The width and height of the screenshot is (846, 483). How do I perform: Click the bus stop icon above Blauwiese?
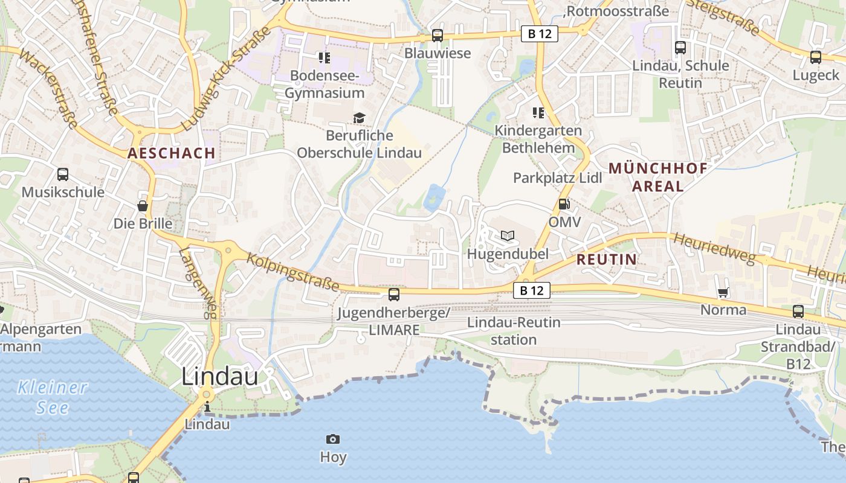(437, 36)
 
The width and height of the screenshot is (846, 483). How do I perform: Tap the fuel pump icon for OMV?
(563, 204)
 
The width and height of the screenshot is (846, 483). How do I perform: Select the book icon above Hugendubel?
(508, 235)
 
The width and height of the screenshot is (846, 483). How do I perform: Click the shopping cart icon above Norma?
(723, 293)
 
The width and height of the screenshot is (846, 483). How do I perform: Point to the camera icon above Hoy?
(332, 439)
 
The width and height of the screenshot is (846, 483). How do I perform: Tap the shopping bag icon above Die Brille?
(143, 206)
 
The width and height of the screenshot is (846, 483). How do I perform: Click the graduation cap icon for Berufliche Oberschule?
(360, 118)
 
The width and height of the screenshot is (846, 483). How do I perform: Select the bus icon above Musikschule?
(63, 174)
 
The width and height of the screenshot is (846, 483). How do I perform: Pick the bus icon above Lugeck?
(816, 57)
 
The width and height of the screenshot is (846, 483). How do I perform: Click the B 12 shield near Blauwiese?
(539, 34)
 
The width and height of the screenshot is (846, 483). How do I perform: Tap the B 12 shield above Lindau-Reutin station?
(532, 290)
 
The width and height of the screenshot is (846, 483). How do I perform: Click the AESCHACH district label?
(172, 153)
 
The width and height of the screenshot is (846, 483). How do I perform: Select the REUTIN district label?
(606, 260)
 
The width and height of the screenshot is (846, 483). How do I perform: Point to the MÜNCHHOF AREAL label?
(657, 177)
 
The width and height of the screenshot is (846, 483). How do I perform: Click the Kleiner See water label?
(53, 397)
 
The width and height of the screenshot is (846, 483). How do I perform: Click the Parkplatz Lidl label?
(557, 178)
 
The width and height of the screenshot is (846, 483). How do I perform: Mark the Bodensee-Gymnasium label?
(325, 84)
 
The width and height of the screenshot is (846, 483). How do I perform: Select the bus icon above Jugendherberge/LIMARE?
(394, 294)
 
